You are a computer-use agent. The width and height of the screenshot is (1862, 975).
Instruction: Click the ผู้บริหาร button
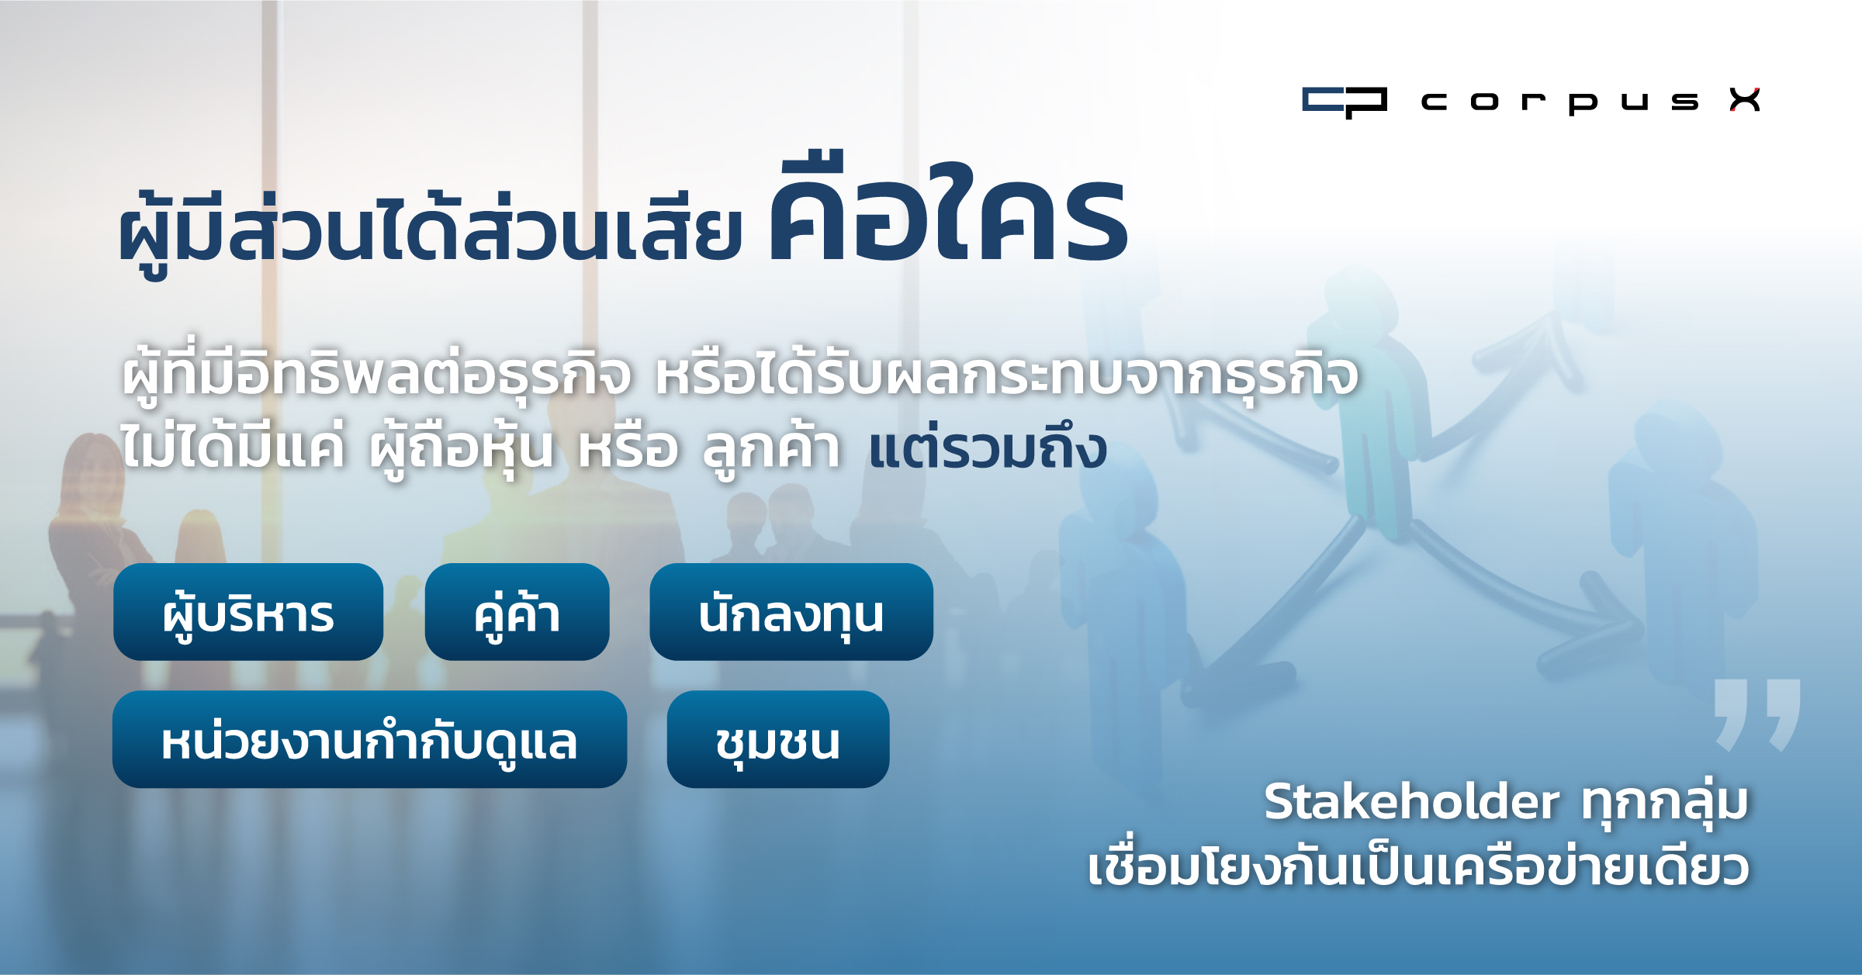click(x=248, y=612)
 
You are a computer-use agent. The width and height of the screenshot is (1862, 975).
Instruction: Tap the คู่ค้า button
click(x=517, y=612)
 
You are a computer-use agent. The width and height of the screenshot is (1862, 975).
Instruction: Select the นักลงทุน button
click(x=791, y=612)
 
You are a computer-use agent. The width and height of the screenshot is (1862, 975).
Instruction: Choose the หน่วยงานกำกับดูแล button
click(x=369, y=739)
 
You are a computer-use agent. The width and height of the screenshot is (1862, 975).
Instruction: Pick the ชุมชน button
click(x=778, y=739)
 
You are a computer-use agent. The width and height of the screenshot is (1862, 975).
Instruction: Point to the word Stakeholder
click(x=1411, y=801)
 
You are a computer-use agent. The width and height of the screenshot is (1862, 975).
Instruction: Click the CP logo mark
click(x=1345, y=102)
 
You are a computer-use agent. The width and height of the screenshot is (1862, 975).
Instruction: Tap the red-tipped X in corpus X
click(x=1745, y=100)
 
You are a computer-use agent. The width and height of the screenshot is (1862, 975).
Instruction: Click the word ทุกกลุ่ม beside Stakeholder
click(x=1665, y=801)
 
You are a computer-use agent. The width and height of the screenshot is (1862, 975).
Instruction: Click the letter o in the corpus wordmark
click(x=1484, y=102)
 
